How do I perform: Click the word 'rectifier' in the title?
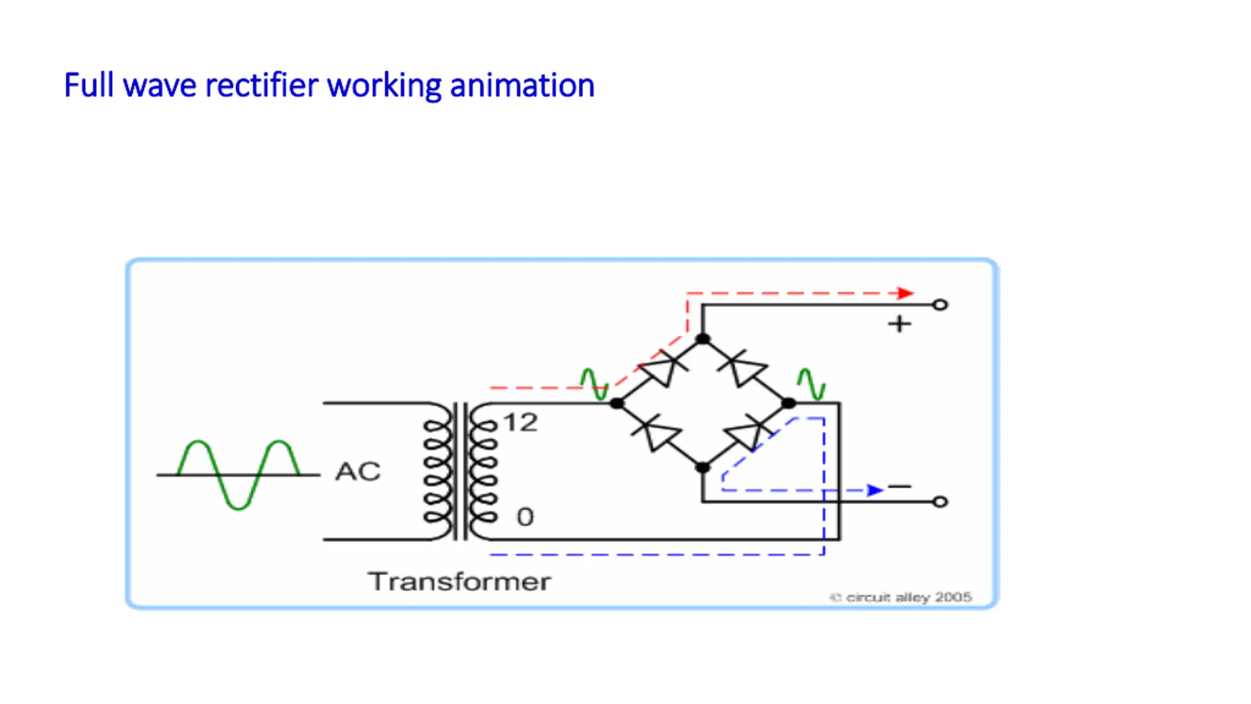coord(262,86)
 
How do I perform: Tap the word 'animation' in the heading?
coord(522,86)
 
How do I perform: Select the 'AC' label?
coord(358,472)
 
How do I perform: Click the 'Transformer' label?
coord(459,582)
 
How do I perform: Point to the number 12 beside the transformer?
coord(521,422)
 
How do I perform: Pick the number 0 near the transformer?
coord(525,517)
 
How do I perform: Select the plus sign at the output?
coord(900,324)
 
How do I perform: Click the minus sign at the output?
coord(900,486)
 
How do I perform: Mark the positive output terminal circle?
coord(940,305)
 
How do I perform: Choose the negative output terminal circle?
coord(940,502)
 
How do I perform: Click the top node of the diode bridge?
coord(703,339)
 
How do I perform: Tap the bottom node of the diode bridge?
coord(703,467)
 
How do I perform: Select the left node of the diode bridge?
coord(617,403)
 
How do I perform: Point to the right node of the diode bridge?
coord(789,403)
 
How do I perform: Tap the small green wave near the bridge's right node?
coord(811,384)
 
